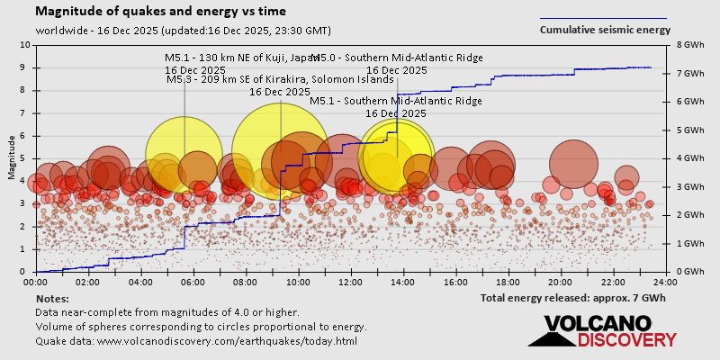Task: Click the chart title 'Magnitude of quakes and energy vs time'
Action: (x=161, y=12)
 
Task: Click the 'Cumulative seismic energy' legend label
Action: (x=605, y=30)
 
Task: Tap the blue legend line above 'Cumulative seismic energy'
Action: (x=603, y=18)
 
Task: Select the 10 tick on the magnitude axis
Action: (x=24, y=44)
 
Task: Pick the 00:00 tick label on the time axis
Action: (x=37, y=281)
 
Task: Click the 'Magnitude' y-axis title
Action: (x=11, y=157)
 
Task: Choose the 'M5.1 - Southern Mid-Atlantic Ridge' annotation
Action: (x=396, y=102)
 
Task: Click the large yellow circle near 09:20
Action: (x=281, y=151)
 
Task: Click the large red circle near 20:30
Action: (x=576, y=166)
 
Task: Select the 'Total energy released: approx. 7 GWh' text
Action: (x=572, y=297)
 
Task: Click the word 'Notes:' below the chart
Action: (x=52, y=298)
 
